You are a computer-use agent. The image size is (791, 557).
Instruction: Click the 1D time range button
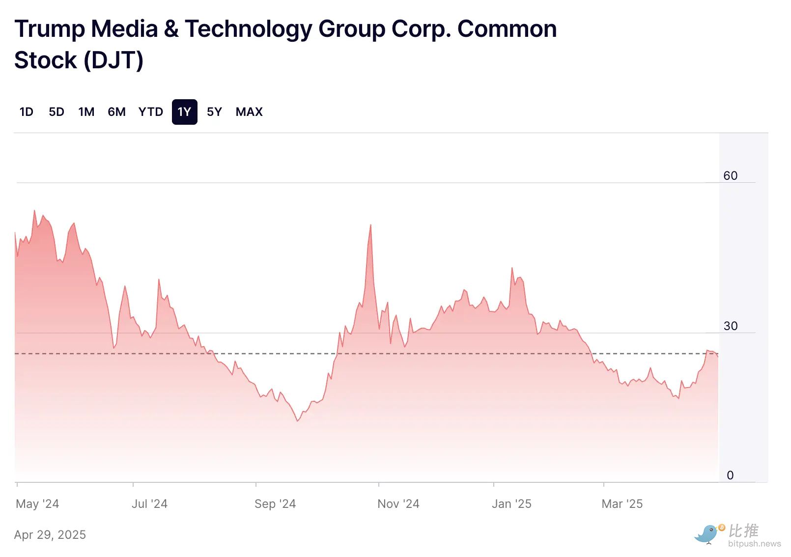coord(27,112)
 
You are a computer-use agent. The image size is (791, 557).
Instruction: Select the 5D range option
coord(56,112)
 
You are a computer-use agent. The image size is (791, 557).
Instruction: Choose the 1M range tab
coord(86,112)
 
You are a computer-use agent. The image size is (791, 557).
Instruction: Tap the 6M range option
coord(116,112)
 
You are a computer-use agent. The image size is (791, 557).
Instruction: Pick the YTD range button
coord(150,112)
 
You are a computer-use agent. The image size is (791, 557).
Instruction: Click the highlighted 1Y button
coord(184,112)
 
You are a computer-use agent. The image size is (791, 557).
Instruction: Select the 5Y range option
coord(214,112)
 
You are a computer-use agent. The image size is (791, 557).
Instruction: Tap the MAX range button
coord(249,112)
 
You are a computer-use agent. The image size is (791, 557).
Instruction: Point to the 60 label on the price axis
coord(730,176)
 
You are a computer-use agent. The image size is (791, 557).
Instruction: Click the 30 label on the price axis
coord(730,326)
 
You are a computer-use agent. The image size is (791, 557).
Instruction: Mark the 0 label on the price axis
coord(730,475)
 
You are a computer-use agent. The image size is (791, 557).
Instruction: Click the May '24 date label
coord(37,504)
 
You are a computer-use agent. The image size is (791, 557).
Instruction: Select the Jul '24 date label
coord(149,504)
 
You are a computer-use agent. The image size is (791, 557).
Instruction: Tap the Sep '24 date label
coord(275,504)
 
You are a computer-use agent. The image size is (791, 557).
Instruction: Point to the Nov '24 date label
coord(398,504)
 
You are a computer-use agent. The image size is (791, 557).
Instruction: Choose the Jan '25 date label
coord(511,504)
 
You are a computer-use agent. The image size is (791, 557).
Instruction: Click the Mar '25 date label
coord(622,504)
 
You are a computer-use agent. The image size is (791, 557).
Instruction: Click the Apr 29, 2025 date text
coord(50,535)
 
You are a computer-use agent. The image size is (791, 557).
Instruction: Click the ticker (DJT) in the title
coord(113,60)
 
